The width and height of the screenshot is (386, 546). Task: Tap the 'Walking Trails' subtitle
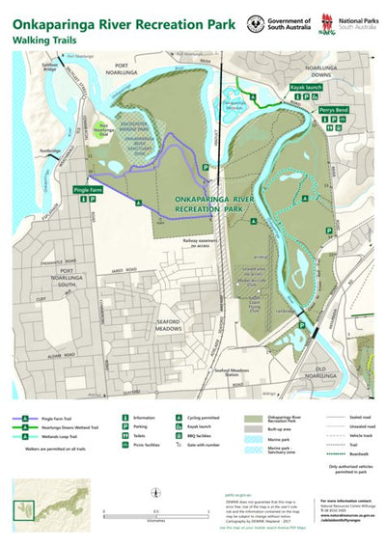(45, 41)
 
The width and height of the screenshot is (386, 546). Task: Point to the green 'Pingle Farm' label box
(86, 190)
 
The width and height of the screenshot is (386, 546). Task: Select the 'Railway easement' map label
(206, 242)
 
